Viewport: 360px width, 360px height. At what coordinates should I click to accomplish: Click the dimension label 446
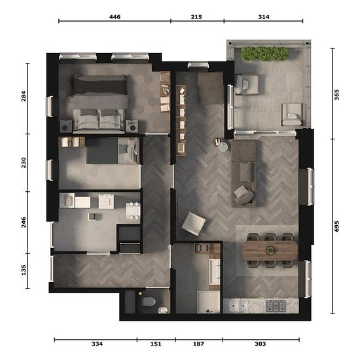pyautogui.click(x=115, y=17)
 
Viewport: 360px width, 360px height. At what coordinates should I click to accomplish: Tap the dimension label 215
pyautogui.click(x=196, y=17)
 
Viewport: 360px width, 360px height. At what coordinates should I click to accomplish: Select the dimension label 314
pyautogui.click(x=264, y=17)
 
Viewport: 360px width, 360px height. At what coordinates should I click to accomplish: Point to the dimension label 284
pyautogui.click(x=24, y=96)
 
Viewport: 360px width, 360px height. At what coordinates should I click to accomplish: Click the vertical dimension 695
pyautogui.click(x=336, y=226)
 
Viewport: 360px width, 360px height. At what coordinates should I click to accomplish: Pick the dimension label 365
pyautogui.click(x=336, y=95)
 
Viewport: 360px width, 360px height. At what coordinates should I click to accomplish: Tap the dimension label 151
pyautogui.click(x=156, y=344)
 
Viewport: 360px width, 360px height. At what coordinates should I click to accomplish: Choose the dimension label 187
pyautogui.click(x=198, y=344)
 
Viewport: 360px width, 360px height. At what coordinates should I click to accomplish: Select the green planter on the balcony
pyautogui.click(x=264, y=54)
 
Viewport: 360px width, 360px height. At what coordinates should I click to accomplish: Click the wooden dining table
pyautogui.click(x=270, y=250)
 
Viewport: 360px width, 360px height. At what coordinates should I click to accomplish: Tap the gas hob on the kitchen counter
pyautogui.click(x=276, y=306)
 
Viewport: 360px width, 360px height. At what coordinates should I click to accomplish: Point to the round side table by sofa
pyautogui.click(x=223, y=147)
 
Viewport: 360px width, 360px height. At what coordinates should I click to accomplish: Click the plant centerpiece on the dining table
pyautogui.click(x=270, y=250)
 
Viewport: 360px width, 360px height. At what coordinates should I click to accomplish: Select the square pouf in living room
pyautogui.click(x=194, y=224)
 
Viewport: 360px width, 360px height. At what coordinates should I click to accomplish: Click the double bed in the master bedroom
pyautogui.click(x=99, y=104)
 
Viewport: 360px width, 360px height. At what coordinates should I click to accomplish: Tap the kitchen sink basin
pyautogui.click(x=238, y=306)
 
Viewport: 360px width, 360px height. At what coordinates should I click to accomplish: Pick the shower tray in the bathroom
pyautogui.click(x=209, y=302)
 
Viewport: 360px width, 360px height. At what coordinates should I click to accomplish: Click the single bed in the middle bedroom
pyautogui.click(x=113, y=151)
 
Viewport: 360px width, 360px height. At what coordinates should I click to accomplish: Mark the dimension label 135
pyautogui.click(x=24, y=270)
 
